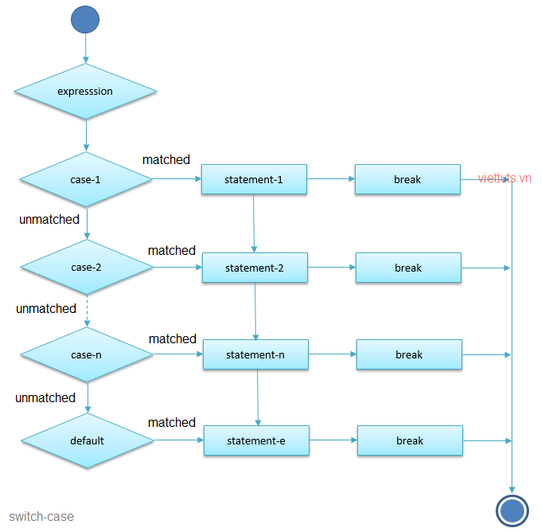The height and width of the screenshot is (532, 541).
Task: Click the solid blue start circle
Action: tap(85, 19)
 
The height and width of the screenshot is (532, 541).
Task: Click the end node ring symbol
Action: tap(512, 509)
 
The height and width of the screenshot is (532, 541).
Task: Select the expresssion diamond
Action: tap(85, 92)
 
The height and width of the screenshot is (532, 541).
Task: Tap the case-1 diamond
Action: tap(85, 180)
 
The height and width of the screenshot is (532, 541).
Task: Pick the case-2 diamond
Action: tap(86, 268)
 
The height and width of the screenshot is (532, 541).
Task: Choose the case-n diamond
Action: tap(87, 354)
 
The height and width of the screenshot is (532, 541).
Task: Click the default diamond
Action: tap(87, 440)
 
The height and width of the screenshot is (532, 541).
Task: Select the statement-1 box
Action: tap(254, 179)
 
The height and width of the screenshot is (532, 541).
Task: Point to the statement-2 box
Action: tap(255, 268)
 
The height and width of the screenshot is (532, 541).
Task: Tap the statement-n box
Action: tap(255, 354)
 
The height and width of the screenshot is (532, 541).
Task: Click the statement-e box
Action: tap(256, 440)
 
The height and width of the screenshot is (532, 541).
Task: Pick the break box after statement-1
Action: tap(407, 179)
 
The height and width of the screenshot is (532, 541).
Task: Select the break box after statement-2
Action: tap(408, 268)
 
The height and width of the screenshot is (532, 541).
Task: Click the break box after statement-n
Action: tap(409, 354)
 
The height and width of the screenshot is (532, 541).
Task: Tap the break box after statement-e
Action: tap(410, 440)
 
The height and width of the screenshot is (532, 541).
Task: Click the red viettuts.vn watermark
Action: tap(504, 178)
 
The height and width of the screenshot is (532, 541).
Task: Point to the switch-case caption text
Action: tap(41, 517)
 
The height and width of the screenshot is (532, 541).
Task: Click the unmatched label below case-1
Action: tap(49, 219)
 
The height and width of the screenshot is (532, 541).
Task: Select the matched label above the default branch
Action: tap(172, 422)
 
